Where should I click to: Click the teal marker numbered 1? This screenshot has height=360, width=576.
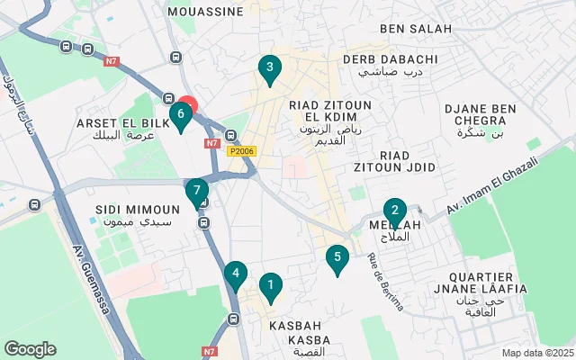(x=268, y=288)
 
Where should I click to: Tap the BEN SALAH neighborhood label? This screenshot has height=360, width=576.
(x=416, y=29)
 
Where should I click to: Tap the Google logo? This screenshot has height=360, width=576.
(x=30, y=349)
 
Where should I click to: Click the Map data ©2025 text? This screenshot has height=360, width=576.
(x=536, y=353)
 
